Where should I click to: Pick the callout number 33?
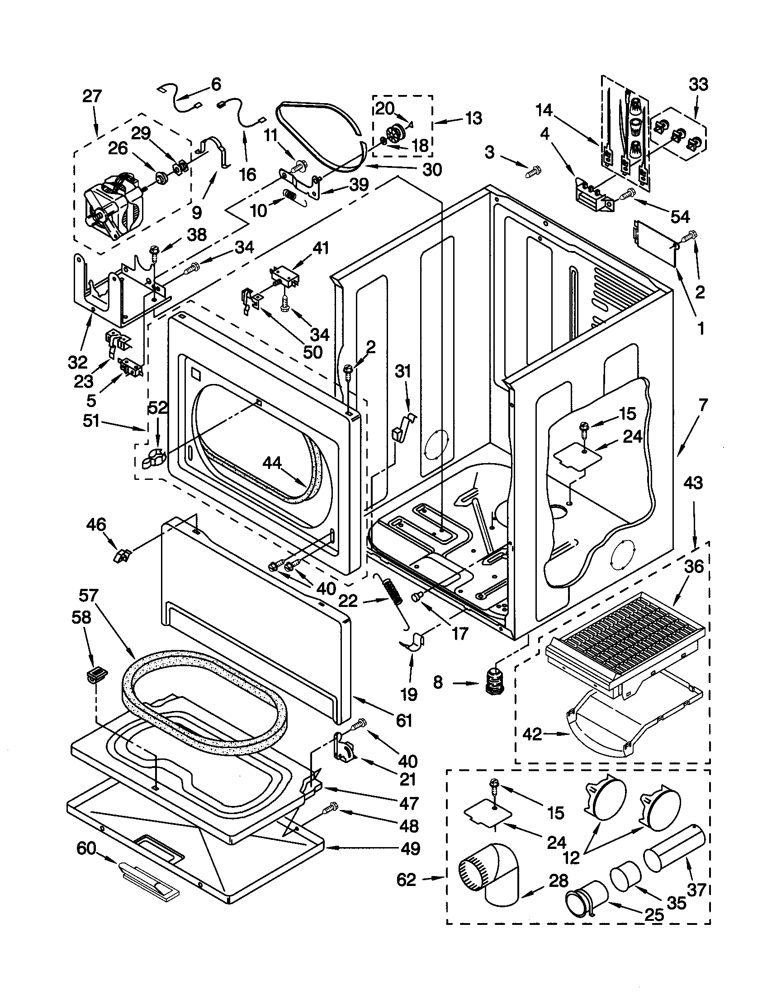coord(698,85)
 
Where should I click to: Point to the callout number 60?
coord(86,848)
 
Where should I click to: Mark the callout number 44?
coord(272,464)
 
